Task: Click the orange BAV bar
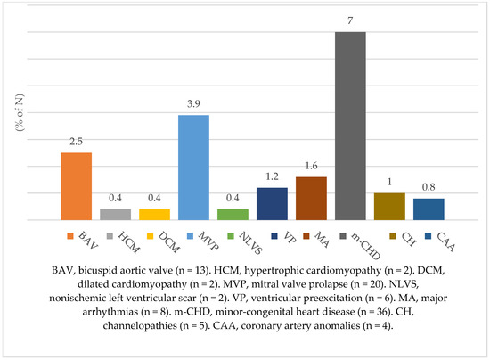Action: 77,186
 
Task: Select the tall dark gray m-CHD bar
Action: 350,126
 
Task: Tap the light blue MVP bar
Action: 193,168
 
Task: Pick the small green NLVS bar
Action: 233,215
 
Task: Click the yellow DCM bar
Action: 154,215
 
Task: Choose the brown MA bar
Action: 311,199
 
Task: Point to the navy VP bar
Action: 273,204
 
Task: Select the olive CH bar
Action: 389,207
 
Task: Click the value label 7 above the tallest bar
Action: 350,20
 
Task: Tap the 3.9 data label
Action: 193,103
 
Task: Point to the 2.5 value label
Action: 77,142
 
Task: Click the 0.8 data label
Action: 429,187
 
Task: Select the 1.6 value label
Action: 311,166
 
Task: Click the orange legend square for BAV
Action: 70,236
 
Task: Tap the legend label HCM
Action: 129,242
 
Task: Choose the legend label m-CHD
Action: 365,247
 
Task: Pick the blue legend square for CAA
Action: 429,236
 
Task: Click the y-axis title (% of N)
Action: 20,112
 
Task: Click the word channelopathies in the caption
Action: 140,325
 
